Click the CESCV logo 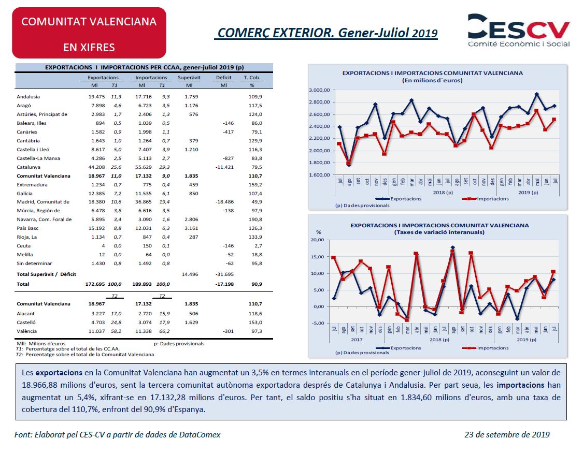coord(519,31)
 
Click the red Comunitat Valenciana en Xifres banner coord(89,33)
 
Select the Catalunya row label coord(29,167)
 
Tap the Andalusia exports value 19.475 coord(97,97)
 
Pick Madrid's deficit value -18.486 coord(224,202)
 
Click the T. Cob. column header coord(252,78)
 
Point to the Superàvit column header coord(189,78)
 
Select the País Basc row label coord(27,228)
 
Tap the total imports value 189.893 coord(142,284)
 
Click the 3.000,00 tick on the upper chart coord(319,90)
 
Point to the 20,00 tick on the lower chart coord(318,240)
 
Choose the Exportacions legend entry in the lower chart coord(398,348)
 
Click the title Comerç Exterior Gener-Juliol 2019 coord(328,33)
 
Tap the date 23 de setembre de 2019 coord(507,435)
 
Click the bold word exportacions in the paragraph coord(59,373)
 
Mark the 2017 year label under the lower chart coord(357,340)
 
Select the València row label coord(27,331)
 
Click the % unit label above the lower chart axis coord(319,232)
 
